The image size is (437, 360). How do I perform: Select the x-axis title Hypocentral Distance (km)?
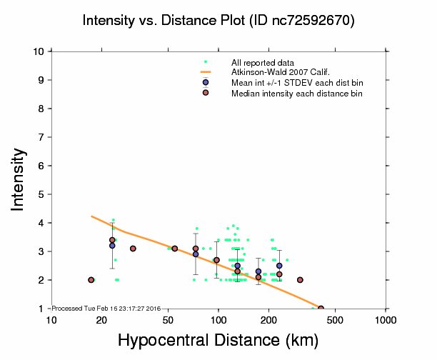click(218, 339)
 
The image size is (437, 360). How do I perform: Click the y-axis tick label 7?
click(42, 137)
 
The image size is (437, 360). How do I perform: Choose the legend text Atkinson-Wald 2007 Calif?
click(275, 73)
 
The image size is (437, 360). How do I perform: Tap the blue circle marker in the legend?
click(206, 83)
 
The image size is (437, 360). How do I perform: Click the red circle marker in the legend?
click(206, 93)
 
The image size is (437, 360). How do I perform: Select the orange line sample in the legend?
click(206, 73)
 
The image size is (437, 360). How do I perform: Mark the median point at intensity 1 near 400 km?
click(321, 309)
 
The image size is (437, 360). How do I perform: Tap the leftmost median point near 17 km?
click(91, 280)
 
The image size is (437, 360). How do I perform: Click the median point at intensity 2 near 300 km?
click(300, 280)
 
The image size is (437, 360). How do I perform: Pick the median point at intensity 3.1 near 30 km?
click(133, 249)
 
